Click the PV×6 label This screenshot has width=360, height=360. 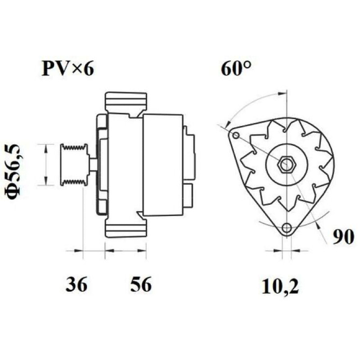point(68,68)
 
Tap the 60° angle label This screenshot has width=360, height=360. point(236,68)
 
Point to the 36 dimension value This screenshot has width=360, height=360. point(76,284)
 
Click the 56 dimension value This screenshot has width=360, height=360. point(141,284)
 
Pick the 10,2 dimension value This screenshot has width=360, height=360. point(280,286)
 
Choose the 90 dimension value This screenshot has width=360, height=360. point(343,237)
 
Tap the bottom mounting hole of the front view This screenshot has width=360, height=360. point(287,228)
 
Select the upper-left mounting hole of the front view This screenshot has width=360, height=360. point(236,136)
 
